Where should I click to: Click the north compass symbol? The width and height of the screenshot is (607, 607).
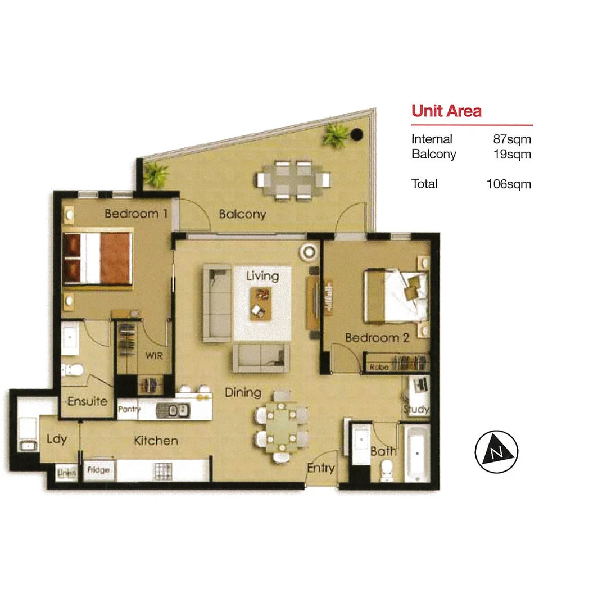(x=496, y=452)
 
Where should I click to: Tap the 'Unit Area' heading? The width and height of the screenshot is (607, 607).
(x=446, y=110)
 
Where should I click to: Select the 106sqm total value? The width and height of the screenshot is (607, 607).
(x=509, y=184)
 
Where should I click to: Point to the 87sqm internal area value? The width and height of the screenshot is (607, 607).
(x=511, y=139)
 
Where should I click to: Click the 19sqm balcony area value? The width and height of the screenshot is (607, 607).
(x=511, y=153)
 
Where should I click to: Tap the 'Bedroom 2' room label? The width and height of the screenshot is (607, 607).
(x=376, y=338)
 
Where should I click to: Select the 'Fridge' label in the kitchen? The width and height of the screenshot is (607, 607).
(x=98, y=470)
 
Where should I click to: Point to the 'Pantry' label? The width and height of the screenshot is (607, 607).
(x=129, y=410)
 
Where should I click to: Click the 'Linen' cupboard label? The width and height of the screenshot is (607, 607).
(x=66, y=474)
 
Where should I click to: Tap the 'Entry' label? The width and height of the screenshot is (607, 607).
(x=321, y=468)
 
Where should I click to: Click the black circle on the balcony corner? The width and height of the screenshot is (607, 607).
(x=356, y=134)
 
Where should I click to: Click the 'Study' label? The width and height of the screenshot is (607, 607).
(x=416, y=409)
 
